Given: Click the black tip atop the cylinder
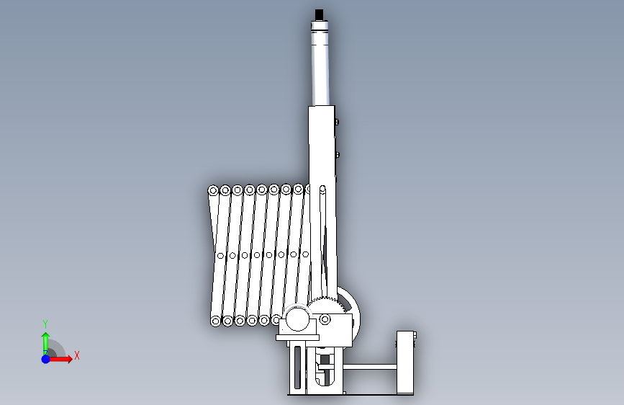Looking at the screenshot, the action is click(319, 14).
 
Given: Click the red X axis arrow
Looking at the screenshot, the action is click(60, 359).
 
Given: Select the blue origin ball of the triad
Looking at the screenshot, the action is click(46, 359).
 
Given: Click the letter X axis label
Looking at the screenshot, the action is click(77, 355).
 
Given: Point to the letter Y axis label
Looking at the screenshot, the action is click(45, 324).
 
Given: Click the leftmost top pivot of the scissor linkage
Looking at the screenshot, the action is click(213, 190).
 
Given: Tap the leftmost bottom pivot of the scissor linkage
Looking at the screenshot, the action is click(215, 321).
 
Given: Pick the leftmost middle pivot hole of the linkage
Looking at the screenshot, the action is click(221, 256).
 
